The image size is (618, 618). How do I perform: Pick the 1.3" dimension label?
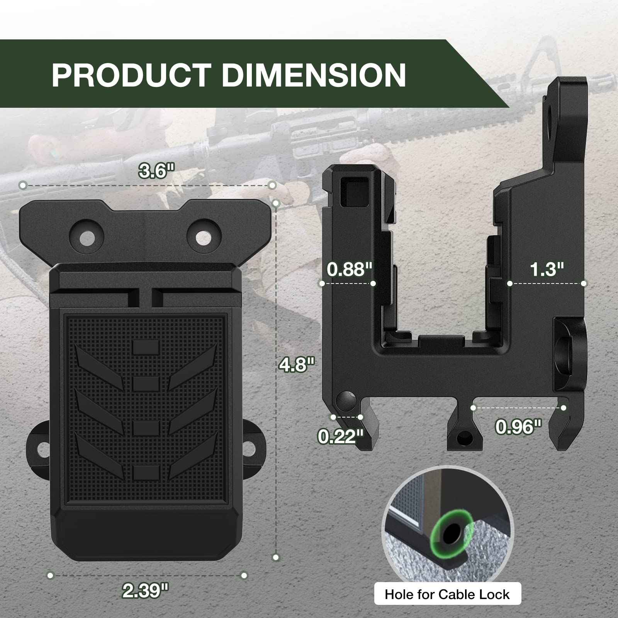point(547,269)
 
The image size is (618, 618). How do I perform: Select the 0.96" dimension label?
point(519,426)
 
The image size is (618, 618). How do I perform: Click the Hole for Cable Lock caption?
point(447,594)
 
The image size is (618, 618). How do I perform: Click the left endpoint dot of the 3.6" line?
point(23,186)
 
